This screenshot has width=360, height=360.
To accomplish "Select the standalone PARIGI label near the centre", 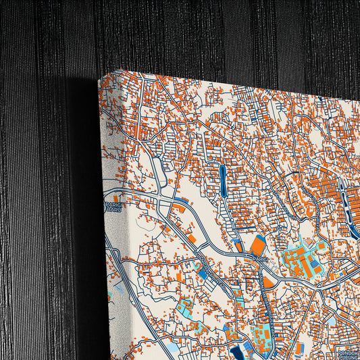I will (261, 257).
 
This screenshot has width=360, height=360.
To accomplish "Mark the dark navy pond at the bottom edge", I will (238, 353).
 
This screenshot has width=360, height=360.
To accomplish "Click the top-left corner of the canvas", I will (99, 79).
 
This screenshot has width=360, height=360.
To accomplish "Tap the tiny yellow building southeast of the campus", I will (336, 275).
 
